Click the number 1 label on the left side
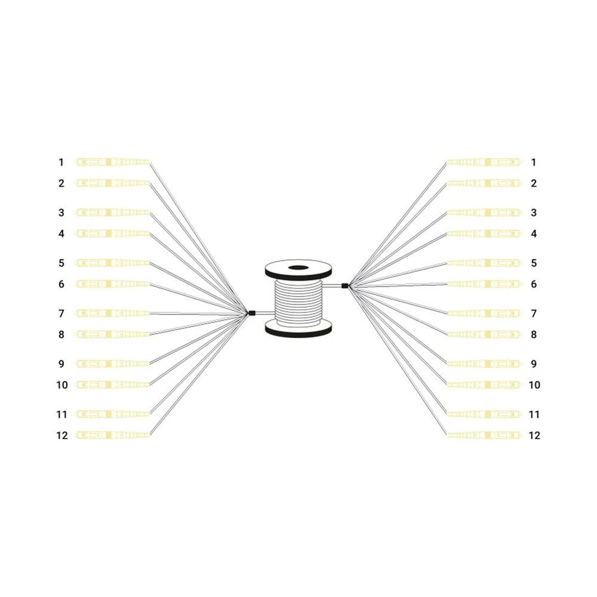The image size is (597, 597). click(x=60, y=162)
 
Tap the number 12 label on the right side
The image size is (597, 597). click(x=534, y=435)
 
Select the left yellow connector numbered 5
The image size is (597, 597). click(x=112, y=263)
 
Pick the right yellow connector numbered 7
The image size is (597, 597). click(x=485, y=313)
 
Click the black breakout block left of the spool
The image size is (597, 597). click(x=251, y=313)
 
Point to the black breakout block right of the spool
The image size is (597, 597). click(x=344, y=285)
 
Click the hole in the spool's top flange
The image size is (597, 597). click(x=298, y=269)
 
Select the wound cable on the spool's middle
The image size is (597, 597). click(x=298, y=301)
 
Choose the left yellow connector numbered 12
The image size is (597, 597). click(x=112, y=435)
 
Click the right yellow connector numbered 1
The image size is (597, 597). click(x=485, y=162)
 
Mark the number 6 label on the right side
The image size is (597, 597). click(x=534, y=284)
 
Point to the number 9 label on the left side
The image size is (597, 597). click(x=61, y=364)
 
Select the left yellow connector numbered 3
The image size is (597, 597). click(x=112, y=213)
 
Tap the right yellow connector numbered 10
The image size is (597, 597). click(x=485, y=385)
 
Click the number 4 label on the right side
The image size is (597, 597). click(x=534, y=234)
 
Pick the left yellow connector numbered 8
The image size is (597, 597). click(x=112, y=334)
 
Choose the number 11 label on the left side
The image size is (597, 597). click(x=62, y=414)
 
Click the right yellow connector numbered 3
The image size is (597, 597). click(x=485, y=213)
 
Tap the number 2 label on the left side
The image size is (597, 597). click(x=61, y=183)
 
